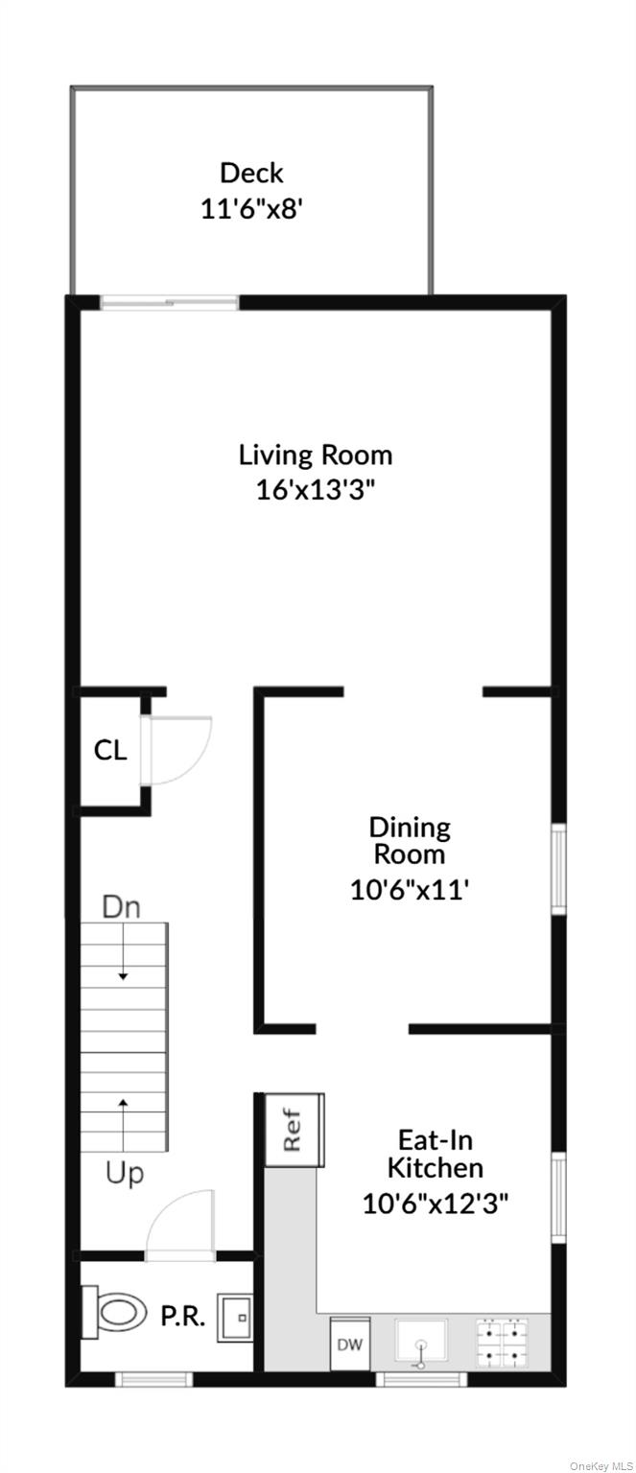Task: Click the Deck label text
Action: coord(251,173)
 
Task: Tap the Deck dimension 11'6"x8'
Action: coord(251,209)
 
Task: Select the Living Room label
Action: coord(315,456)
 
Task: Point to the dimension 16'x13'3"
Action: coord(315,490)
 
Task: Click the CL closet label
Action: coord(109,750)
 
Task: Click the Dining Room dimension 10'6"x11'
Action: coord(409,890)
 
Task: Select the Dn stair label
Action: coord(122,907)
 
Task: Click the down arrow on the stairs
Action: coord(123,952)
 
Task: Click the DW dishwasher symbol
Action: coord(350,1344)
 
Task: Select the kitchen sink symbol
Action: coord(421,1342)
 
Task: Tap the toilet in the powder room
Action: coord(114,1313)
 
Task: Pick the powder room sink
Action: coord(236,1318)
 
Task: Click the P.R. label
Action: coord(183,1316)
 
